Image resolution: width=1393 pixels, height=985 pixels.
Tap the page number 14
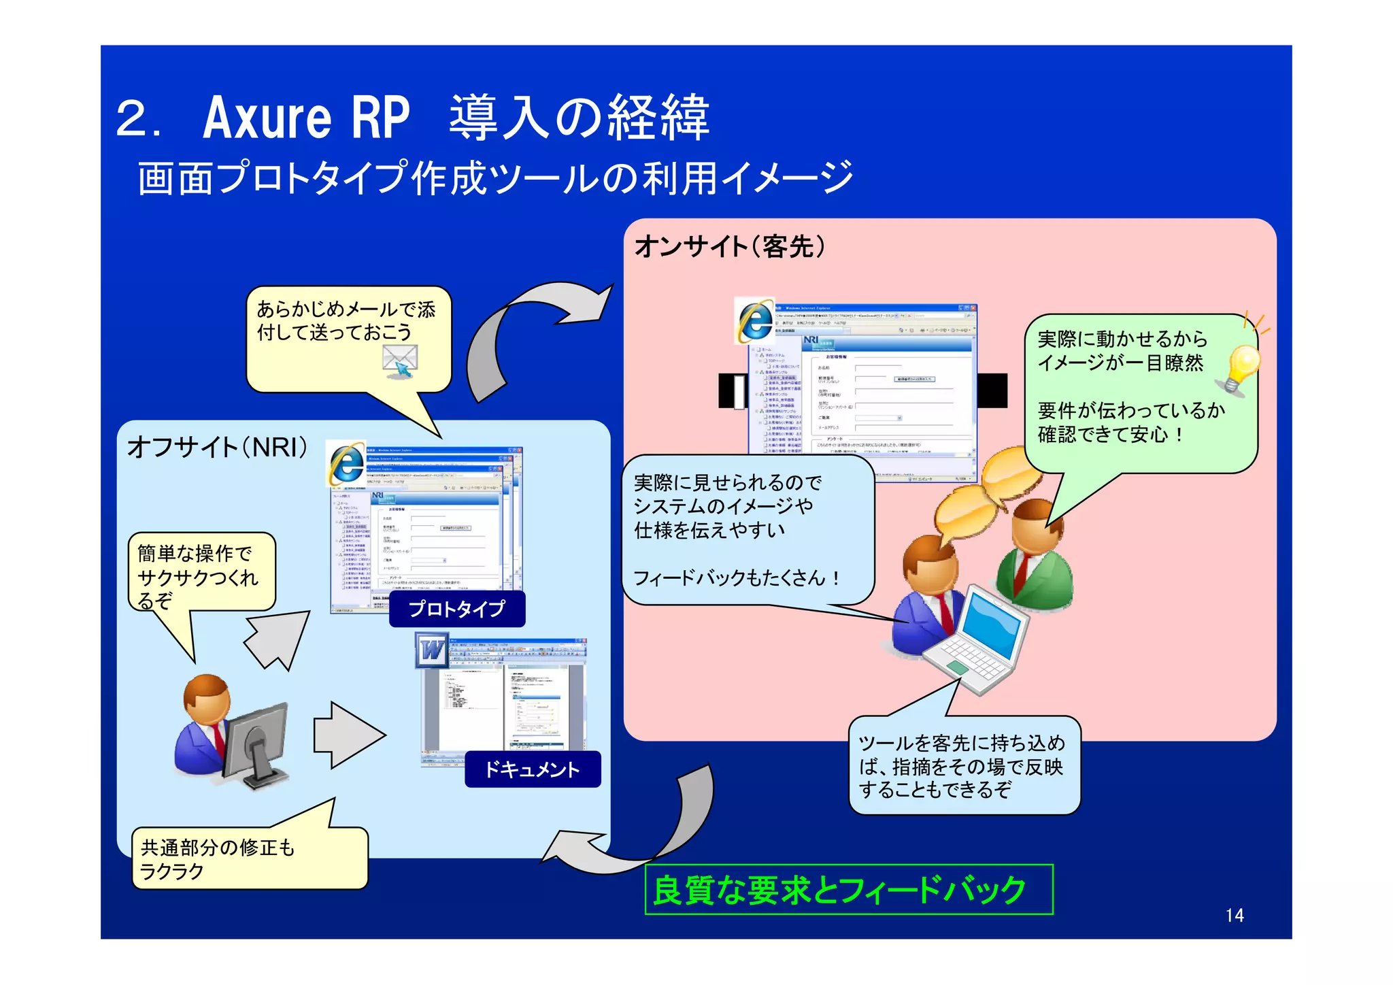(x=1235, y=915)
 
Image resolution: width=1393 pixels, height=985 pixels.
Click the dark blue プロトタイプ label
(x=457, y=608)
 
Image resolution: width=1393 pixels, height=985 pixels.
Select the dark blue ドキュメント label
(x=533, y=769)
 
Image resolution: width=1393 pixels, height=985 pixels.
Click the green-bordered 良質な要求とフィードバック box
(x=848, y=890)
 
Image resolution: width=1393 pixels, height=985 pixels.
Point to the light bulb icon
(x=1242, y=368)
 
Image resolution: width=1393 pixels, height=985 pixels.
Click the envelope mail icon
(x=400, y=360)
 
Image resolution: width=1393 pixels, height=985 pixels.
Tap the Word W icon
(x=432, y=651)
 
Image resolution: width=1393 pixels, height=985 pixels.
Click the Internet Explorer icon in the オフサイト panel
(x=346, y=464)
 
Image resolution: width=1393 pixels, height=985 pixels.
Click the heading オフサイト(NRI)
(x=218, y=447)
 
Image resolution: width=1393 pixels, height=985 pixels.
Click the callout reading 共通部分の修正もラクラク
(x=249, y=858)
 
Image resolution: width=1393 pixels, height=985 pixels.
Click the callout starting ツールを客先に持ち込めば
(x=963, y=765)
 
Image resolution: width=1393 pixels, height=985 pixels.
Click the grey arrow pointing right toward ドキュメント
(x=348, y=735)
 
